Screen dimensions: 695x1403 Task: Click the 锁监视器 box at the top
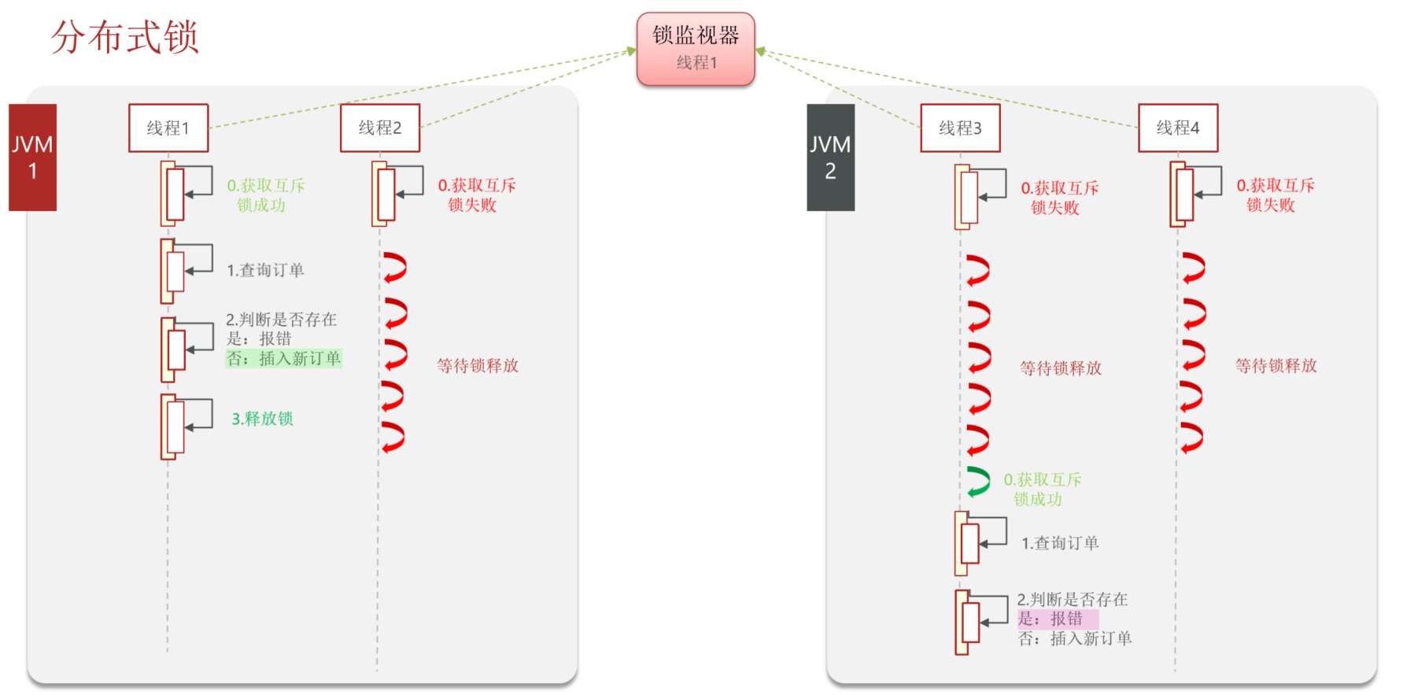tap(695, 49)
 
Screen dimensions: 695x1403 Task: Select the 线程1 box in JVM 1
tap(168, 128)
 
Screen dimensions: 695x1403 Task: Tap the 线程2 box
tap(380, 128)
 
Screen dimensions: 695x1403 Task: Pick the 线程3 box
tap(960, 128)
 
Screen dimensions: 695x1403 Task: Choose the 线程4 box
tap(1177, 128)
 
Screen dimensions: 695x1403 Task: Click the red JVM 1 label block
tap(32, 157)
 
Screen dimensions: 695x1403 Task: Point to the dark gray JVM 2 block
tap(830, 157)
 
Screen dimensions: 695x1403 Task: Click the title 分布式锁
tap(124, 37)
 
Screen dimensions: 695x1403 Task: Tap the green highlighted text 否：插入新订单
tap(283, 359)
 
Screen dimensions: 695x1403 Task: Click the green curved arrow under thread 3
tap(978, 482)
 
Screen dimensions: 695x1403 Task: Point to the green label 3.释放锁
tap(262, 419)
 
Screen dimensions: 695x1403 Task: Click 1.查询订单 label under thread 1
tap(265, 270)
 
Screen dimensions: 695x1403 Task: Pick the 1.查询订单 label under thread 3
tap(1059, 543)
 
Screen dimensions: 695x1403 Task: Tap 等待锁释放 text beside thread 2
tap(478, 365)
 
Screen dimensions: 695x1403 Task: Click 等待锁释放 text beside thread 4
tap(1276, 365)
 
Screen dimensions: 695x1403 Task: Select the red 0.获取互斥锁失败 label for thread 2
tap(476, 195)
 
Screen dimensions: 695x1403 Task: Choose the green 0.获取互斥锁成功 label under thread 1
tap(265, 195)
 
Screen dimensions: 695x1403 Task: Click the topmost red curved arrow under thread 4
tap(1193, 268)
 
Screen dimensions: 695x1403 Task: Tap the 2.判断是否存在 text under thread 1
tap(281, 320)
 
